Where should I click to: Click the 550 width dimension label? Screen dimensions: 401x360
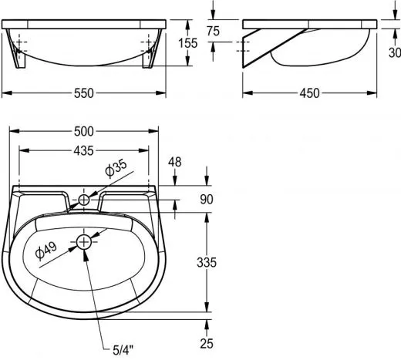(x=84, y=93)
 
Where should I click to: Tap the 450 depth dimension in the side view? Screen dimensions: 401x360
(x=309, y=93)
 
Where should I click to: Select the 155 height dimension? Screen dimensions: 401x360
(x=188, y=43)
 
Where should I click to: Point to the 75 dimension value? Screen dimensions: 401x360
(x=213, y=31)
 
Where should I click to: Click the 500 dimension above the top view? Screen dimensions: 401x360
(x=84, y=131)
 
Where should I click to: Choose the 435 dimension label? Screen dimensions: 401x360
(x=84, y=151)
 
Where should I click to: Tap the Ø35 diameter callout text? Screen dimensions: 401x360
(x=116, y=168)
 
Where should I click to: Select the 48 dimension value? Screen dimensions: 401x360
(x=175, y=162)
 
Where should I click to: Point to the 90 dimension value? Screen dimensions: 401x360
(x=207, y=199)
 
